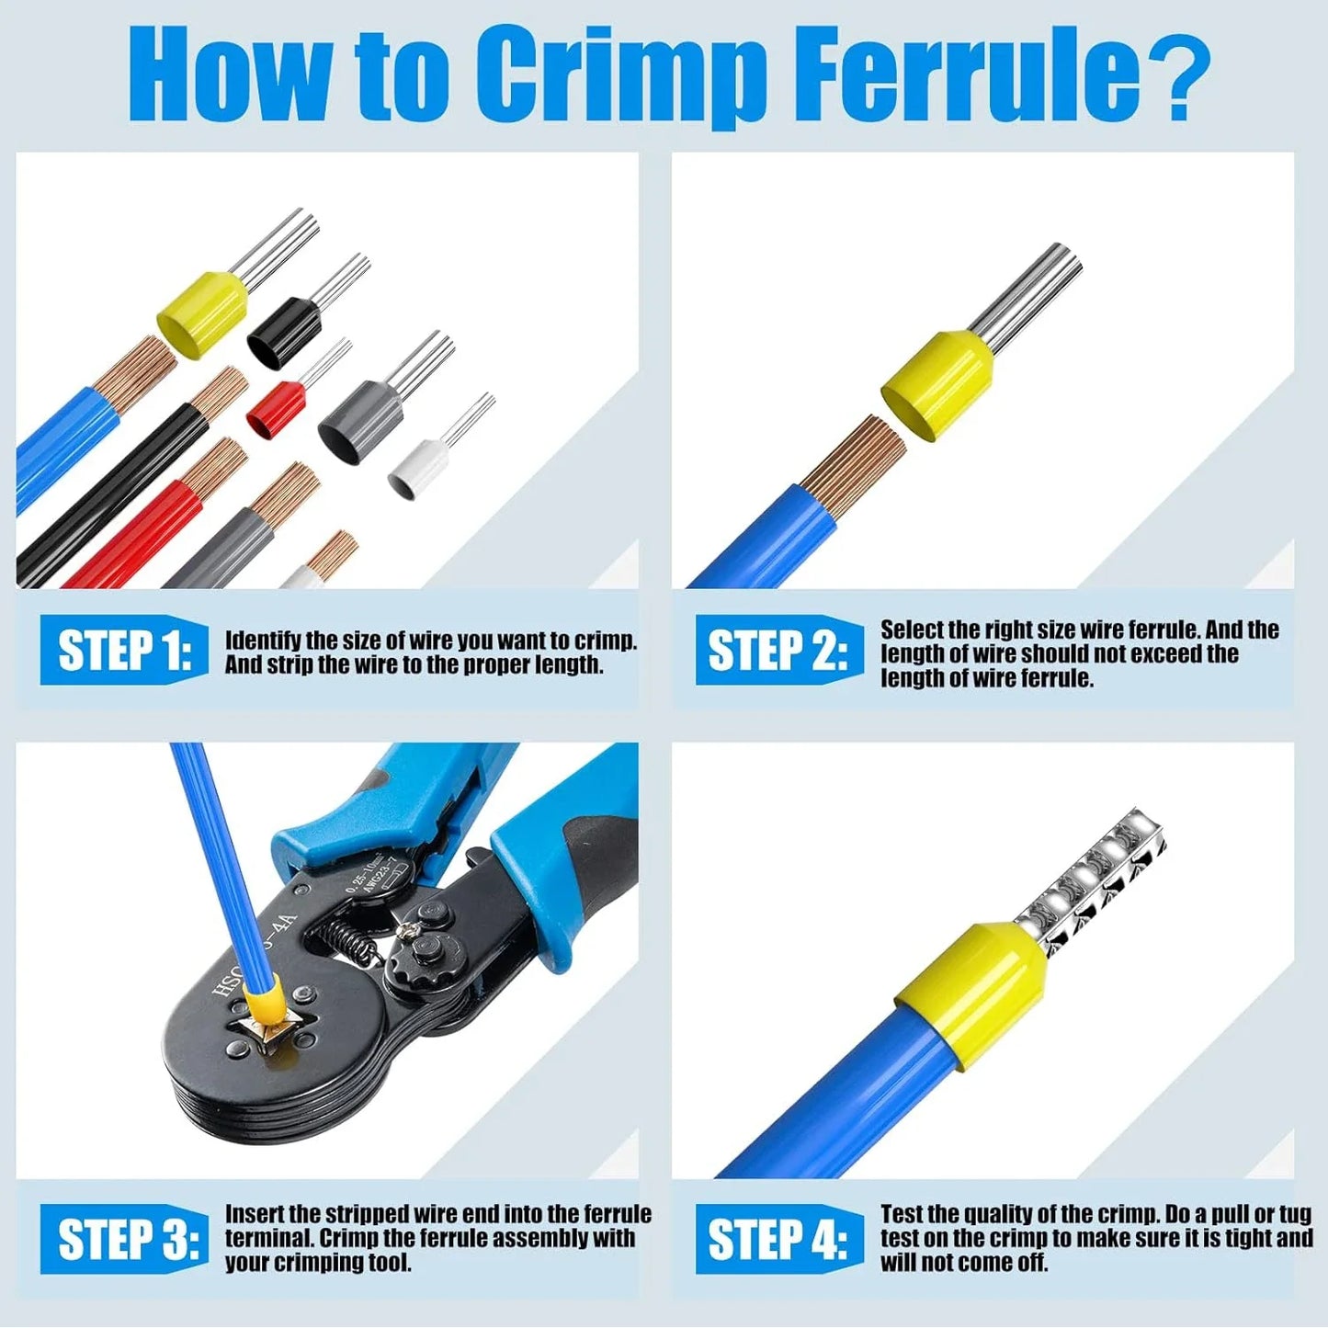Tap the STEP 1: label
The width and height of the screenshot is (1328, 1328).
[124, 651]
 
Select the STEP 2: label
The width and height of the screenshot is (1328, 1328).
[778, 651]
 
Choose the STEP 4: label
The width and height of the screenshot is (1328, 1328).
[778, 1238]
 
